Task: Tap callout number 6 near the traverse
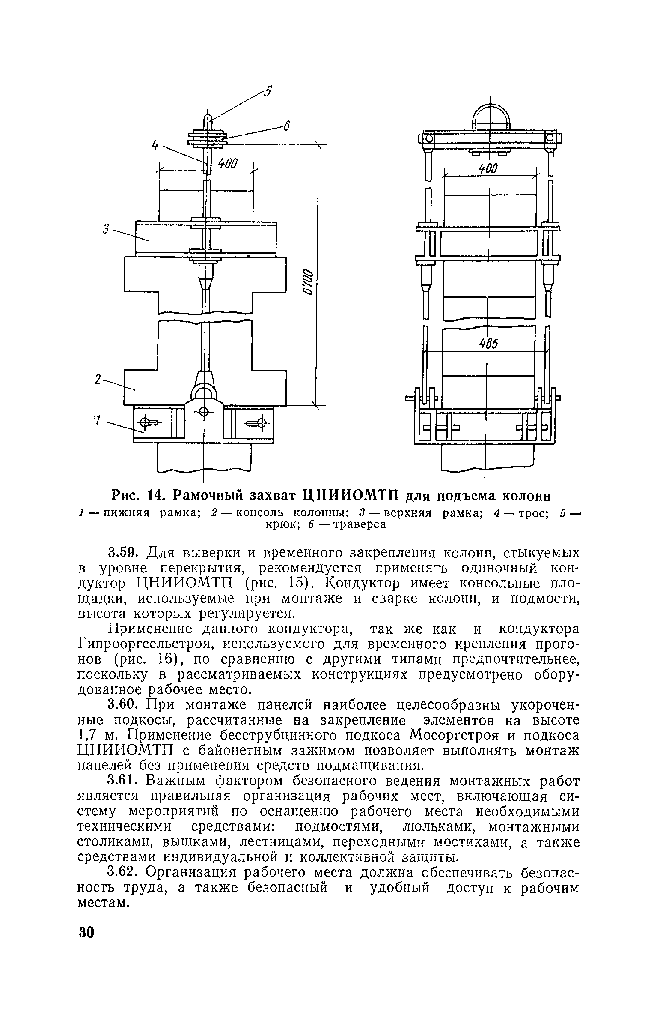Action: coord(287,126)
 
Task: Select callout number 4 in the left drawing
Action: coord(155,146)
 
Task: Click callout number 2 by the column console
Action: coord(98,380)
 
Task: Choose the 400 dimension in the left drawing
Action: coord(227,163)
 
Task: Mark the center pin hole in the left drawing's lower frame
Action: coord(204,413)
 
